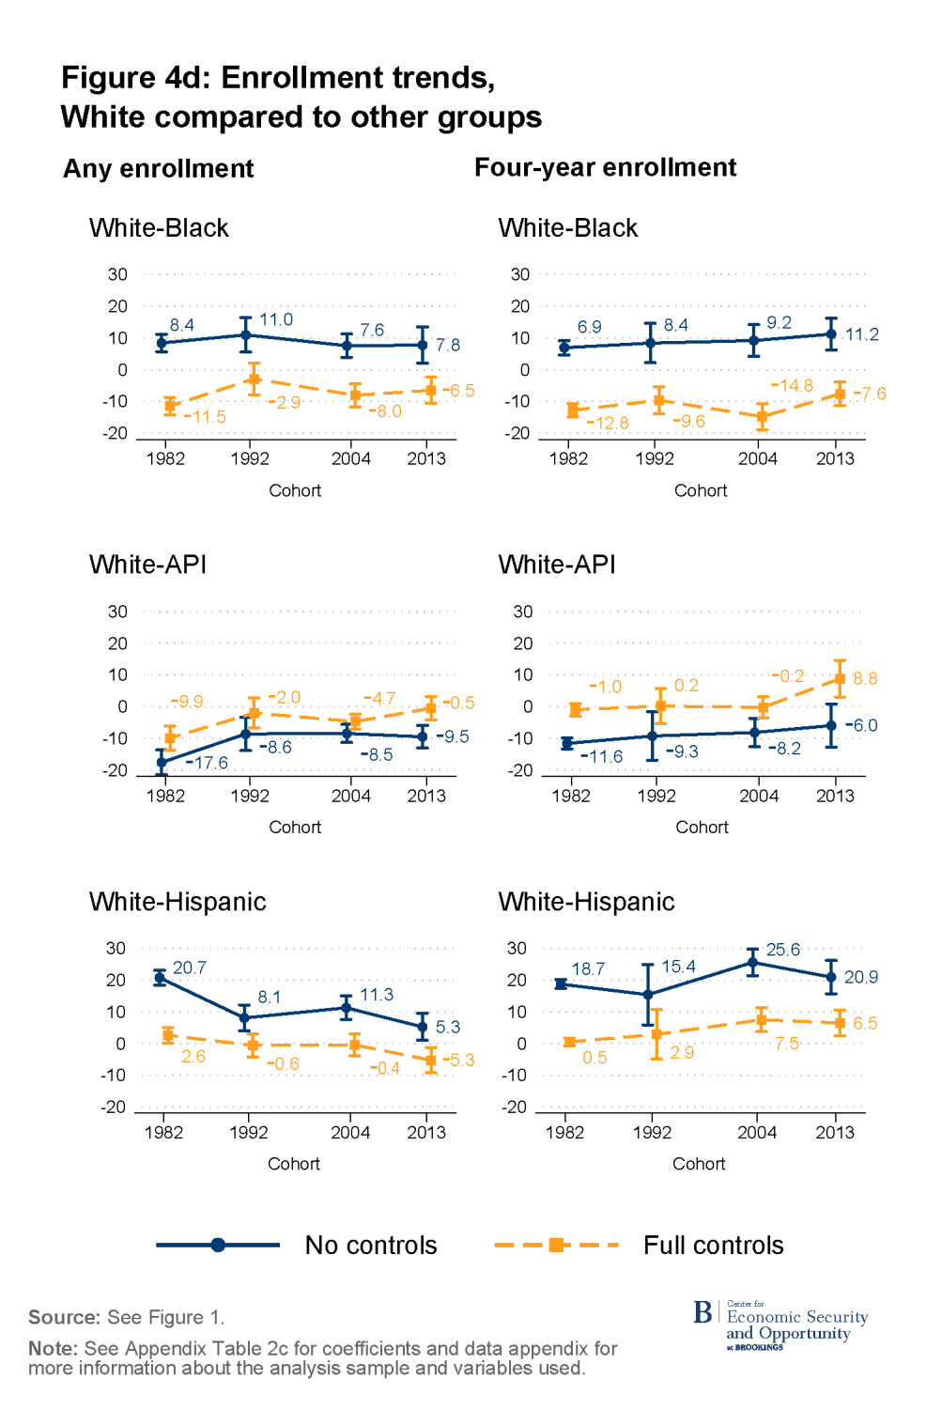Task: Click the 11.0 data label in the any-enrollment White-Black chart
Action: (276, 319)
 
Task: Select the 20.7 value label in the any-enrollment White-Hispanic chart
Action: (190, 968)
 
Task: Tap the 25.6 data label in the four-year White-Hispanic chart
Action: (783, 950)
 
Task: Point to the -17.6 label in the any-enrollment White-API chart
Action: (208, 763)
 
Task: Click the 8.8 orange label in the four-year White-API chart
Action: (865, 678)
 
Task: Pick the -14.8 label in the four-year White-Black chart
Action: (793, 386)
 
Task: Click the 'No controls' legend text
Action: (371, 1246)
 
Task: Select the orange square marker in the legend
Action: (557, 1246)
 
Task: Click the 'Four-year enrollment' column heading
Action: (605, 167)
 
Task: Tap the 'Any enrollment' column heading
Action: (159, 169)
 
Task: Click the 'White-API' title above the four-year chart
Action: (557, 565)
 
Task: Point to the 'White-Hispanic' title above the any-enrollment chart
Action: (178, 902)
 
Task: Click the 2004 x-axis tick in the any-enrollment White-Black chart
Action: (351, 458)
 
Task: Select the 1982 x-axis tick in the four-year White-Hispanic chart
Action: (564, 1132)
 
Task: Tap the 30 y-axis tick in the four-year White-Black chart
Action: (520, 274)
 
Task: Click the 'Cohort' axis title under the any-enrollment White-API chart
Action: (295, 827)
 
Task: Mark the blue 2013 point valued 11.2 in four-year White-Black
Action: (831, 334)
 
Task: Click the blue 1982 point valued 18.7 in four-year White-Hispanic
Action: (561, 983)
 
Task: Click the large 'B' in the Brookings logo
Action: (703, 1312)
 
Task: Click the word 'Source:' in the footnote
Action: (64, 1317)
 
